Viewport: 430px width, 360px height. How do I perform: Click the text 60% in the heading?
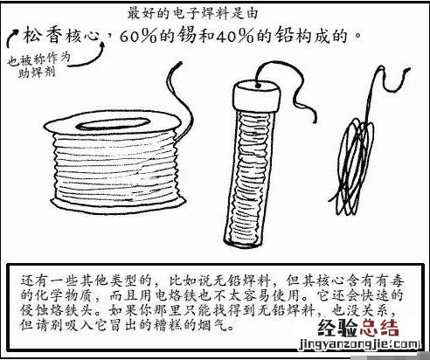click(x=138, y=36)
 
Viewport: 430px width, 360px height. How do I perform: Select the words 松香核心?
click(x=61, y=37)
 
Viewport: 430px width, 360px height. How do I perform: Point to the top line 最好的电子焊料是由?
click(x=192, y=14)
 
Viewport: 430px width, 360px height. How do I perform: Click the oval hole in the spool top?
click(x=113, y=123)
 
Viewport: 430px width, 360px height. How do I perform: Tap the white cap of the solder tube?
click(x=256, y=95)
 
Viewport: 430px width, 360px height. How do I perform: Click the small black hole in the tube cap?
click(x=258, y=86)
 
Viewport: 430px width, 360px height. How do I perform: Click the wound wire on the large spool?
click(x=115, y=168)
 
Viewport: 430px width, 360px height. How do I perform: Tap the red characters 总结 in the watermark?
click(x=379, y=328)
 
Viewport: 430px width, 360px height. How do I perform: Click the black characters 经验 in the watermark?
click(x=337, y=328)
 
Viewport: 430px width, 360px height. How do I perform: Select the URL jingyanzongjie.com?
click(x=359, y=344)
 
